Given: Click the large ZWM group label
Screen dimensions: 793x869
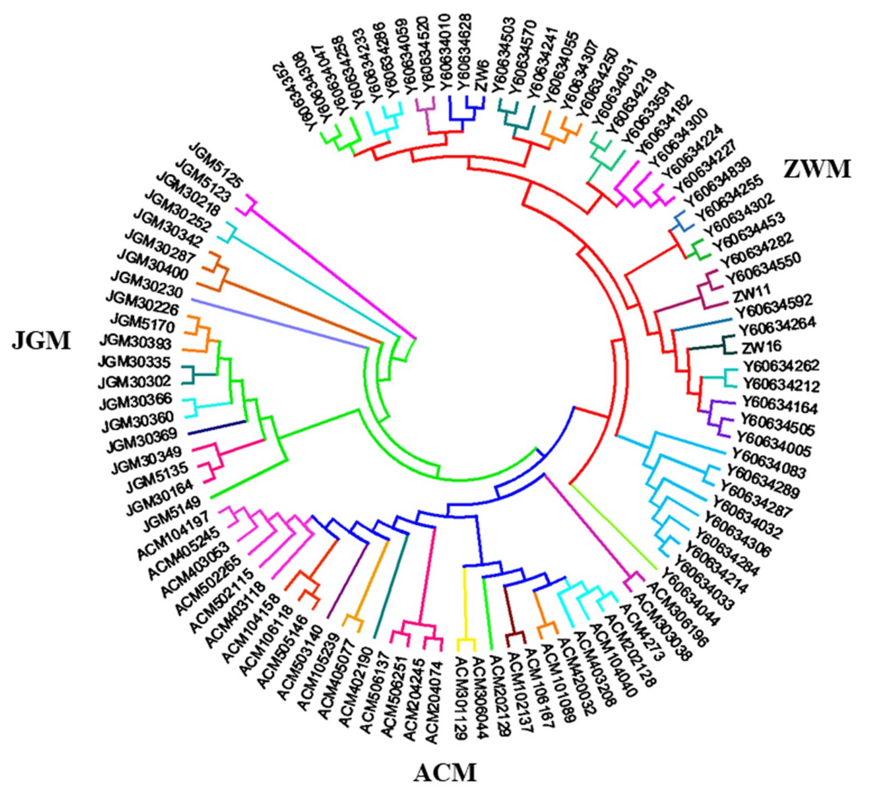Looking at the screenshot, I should (816, 169).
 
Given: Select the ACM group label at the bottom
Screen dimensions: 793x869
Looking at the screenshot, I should (446, 772).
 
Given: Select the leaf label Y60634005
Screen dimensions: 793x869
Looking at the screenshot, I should (774, 444).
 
